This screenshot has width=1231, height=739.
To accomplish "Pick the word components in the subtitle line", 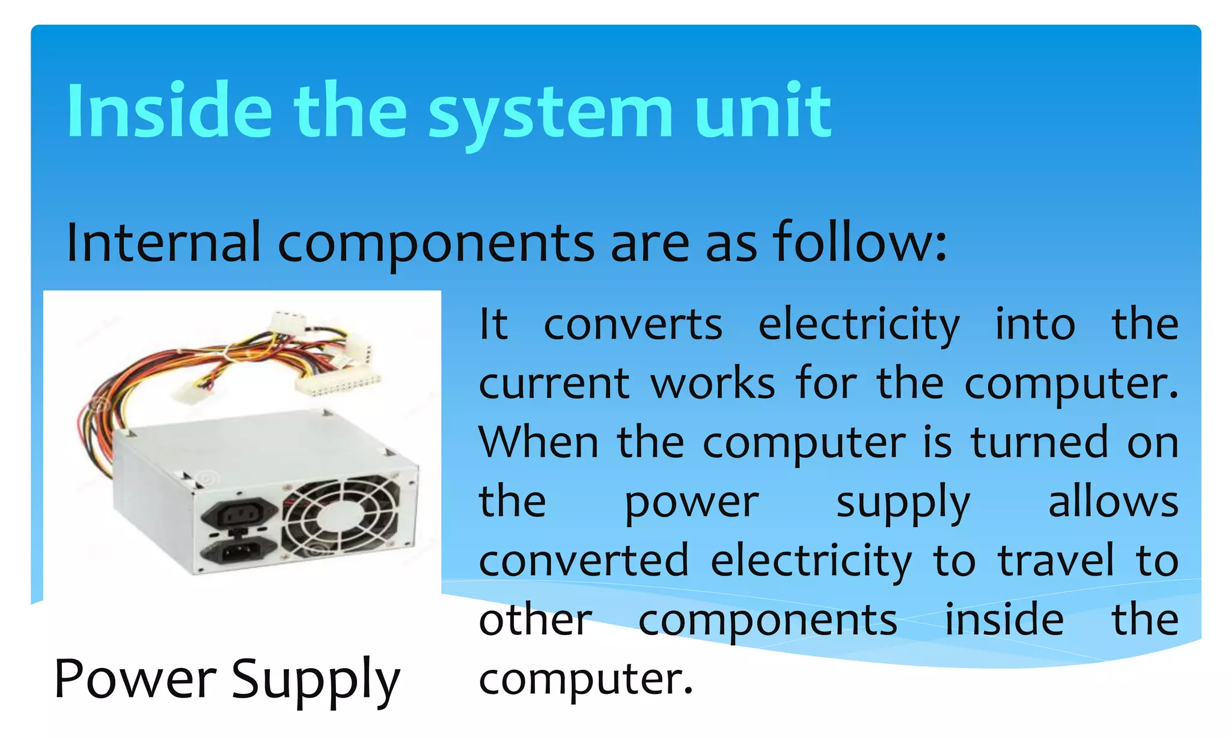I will click(436, 244).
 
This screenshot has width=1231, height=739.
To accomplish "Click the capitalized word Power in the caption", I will click(135, 679).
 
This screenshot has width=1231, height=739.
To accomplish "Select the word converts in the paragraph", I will click(633, 325).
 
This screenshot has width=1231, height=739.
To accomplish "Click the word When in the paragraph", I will click(539, 443).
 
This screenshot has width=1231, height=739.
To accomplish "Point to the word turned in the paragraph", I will click(1039, 443).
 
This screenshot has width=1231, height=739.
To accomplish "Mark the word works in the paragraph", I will click(713, 384).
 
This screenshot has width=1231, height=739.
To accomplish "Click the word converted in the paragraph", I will click(584, 561).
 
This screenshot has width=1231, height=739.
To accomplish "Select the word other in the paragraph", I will click(536, 620).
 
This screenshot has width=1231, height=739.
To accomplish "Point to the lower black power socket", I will click(239, 550).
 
